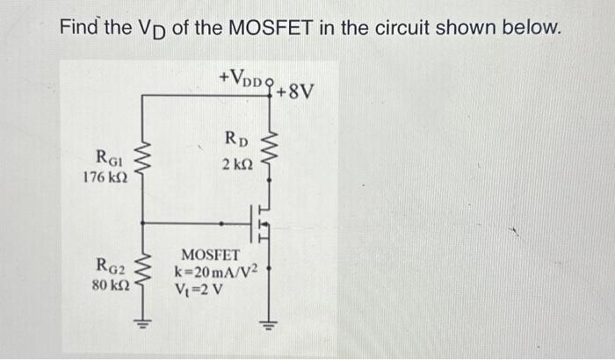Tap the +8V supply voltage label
point(294,90)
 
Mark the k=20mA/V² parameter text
point(217,271)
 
